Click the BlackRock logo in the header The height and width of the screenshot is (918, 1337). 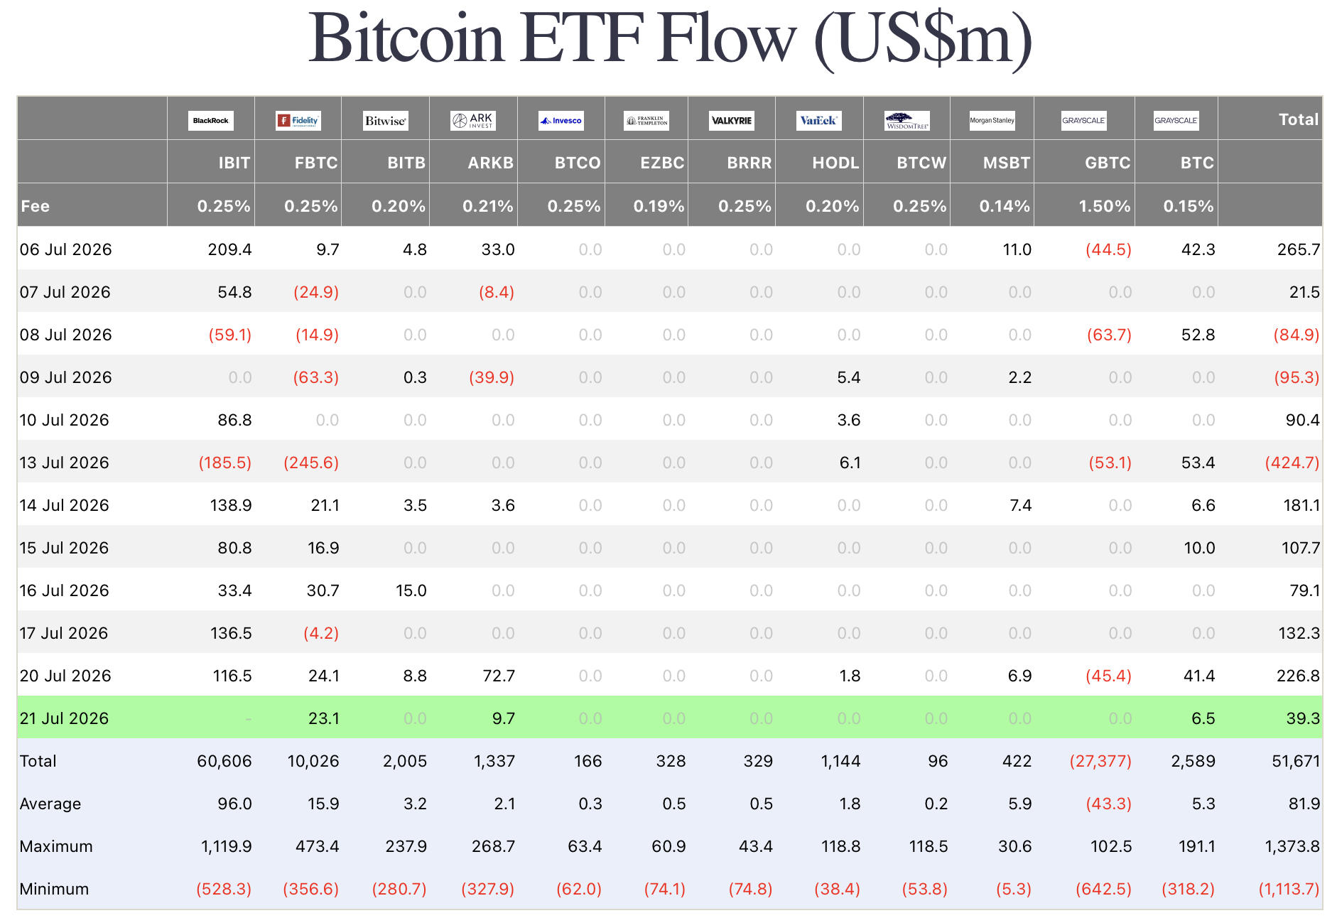click(x=211, y=121)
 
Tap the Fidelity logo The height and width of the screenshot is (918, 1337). click(x=298, y=121)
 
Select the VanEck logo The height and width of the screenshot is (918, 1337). click(x=818, y=121)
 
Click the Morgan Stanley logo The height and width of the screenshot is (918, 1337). click(x=992, y=121)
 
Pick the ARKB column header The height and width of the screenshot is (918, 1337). click(x=490, y=163)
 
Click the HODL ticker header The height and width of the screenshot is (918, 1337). click(x=835, y=163)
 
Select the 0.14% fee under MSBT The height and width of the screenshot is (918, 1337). click(x=1005, y=206)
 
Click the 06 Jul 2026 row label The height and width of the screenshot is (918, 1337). click(x=66, y=249)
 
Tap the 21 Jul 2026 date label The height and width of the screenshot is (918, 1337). click(x=65, y=718)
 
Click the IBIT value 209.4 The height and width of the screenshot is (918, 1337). click(x=229, y=249)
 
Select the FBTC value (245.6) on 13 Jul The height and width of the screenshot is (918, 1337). click(x=311, y=463)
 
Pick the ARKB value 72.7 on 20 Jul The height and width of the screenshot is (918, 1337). click(x=499, y=676)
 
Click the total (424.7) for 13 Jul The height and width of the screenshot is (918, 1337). click(x=1292, y=463)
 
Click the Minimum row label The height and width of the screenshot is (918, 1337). click(x=55, y=889)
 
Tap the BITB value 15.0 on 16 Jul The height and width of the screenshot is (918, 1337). click(x=411, y=590)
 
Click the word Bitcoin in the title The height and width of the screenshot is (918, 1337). click(x=406, y=38)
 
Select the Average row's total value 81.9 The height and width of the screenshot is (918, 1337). click(x=1303, y=804)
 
